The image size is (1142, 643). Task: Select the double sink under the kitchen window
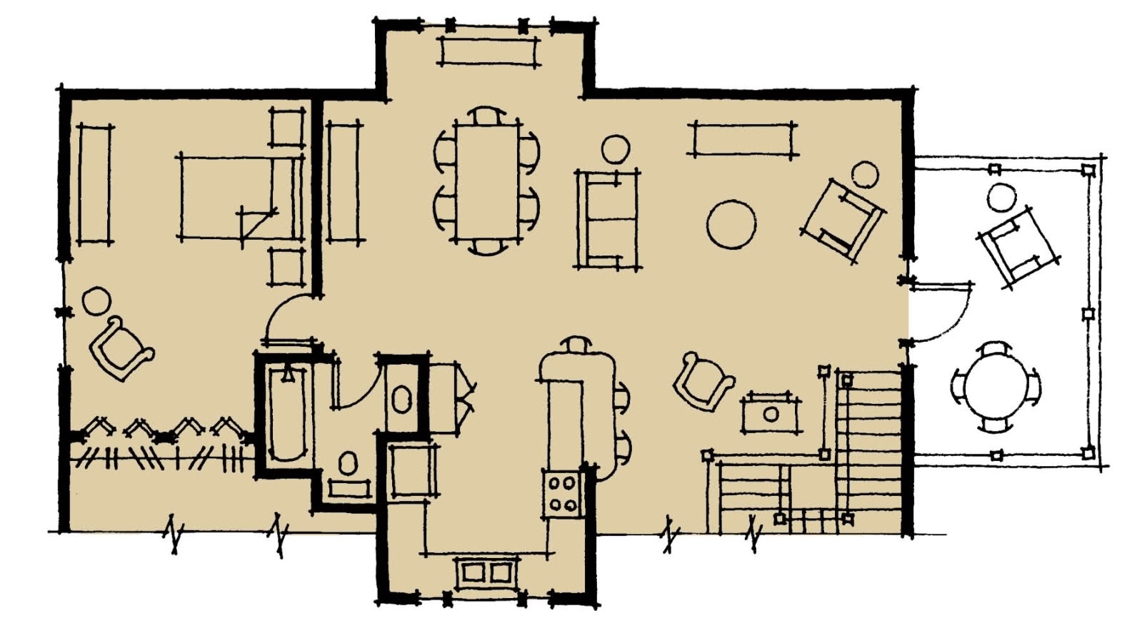pyautogui.click(x=486, y=572)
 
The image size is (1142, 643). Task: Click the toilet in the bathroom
pyautogui.click(x=348, y=464)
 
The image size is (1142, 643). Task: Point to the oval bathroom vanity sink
pyautogui.click(x=401, y=400)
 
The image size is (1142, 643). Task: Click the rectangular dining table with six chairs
pyautogui.click(x=486, y=182)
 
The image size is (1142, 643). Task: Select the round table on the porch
pyautogui.click(x=995, y=386)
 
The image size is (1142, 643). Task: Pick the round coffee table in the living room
pyautogui.click(x=731, y=224)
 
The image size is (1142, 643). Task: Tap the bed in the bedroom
pyautogui.click(x=239, y=198)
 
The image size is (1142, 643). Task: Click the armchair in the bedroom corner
pyautogui.click(x=120, y=348)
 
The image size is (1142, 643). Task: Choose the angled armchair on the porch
pyautogui.click(x=1018, y=246)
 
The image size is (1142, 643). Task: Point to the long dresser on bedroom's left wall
pyautogui.click(x=94, y=185)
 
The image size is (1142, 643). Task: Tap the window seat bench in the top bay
pyautogui.click(x=487, y=51)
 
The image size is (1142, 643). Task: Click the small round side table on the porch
pyautogui.click(x=1001, y=197)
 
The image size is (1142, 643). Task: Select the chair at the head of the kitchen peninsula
pyautogui.click(x=576, y=345)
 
